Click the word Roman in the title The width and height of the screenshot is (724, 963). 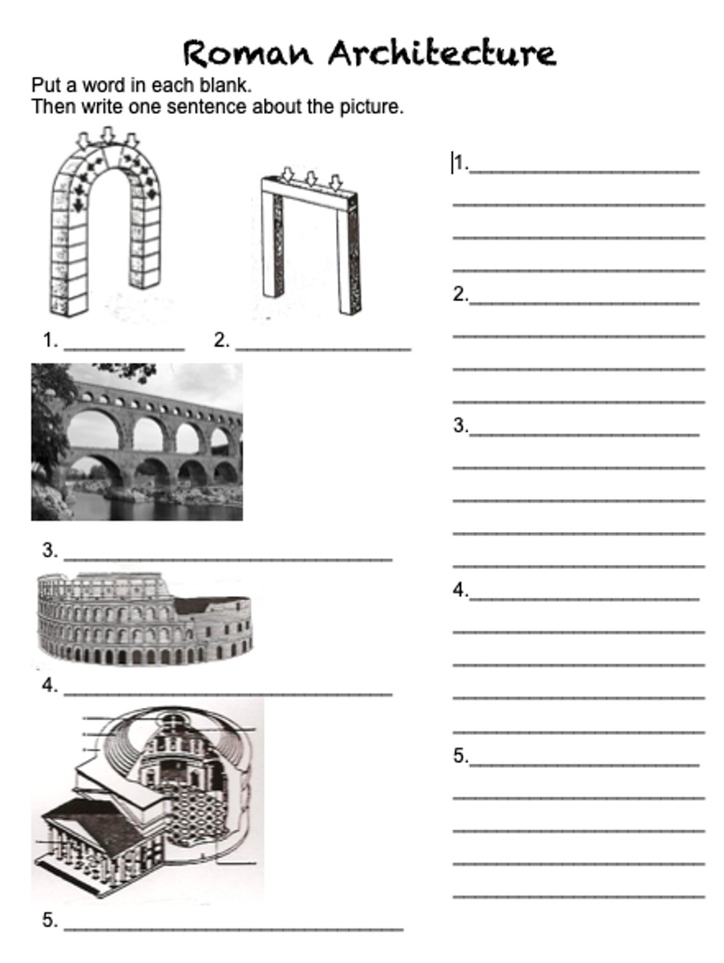[248, 54]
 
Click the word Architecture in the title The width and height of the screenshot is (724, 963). [443, 53]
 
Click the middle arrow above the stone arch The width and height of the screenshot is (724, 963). [107, 135]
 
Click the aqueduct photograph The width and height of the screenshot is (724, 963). [137, 442]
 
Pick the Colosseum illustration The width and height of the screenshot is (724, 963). [144, 619]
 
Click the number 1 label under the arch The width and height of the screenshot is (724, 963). [50, 340]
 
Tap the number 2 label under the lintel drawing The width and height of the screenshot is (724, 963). [222, 340]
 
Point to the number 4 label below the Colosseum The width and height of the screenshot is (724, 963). [50, 685]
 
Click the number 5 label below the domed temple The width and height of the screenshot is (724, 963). [50, 920]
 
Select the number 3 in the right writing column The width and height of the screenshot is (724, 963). [460, 425]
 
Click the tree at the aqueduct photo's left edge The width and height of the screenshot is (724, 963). [49, 421]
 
